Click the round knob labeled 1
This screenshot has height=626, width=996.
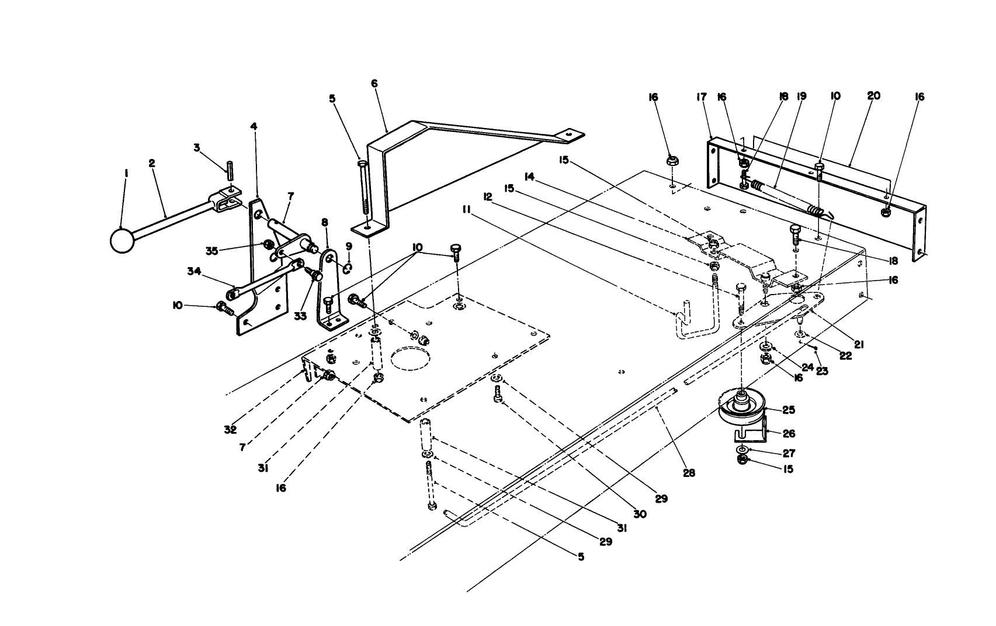tap(122, 240)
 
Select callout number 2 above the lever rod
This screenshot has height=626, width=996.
tap(152, 163)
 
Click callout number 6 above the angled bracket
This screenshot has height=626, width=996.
tap(374, 84)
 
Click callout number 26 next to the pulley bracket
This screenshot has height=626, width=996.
tap(789, 434)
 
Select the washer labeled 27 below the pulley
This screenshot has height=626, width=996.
tap(742, 449)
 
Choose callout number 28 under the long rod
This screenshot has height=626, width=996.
tap(689, 473)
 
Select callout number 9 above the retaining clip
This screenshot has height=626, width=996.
tap(349, 245)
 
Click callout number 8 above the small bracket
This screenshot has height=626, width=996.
tap(325, 222)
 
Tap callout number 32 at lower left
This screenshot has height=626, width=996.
tap(230, 430)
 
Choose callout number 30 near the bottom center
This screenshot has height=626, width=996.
tap(640, 514)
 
